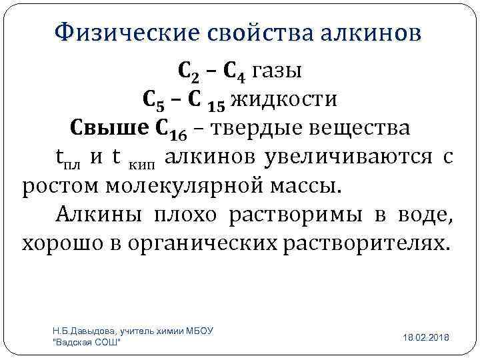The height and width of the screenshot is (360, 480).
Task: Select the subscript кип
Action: [145, 162]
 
